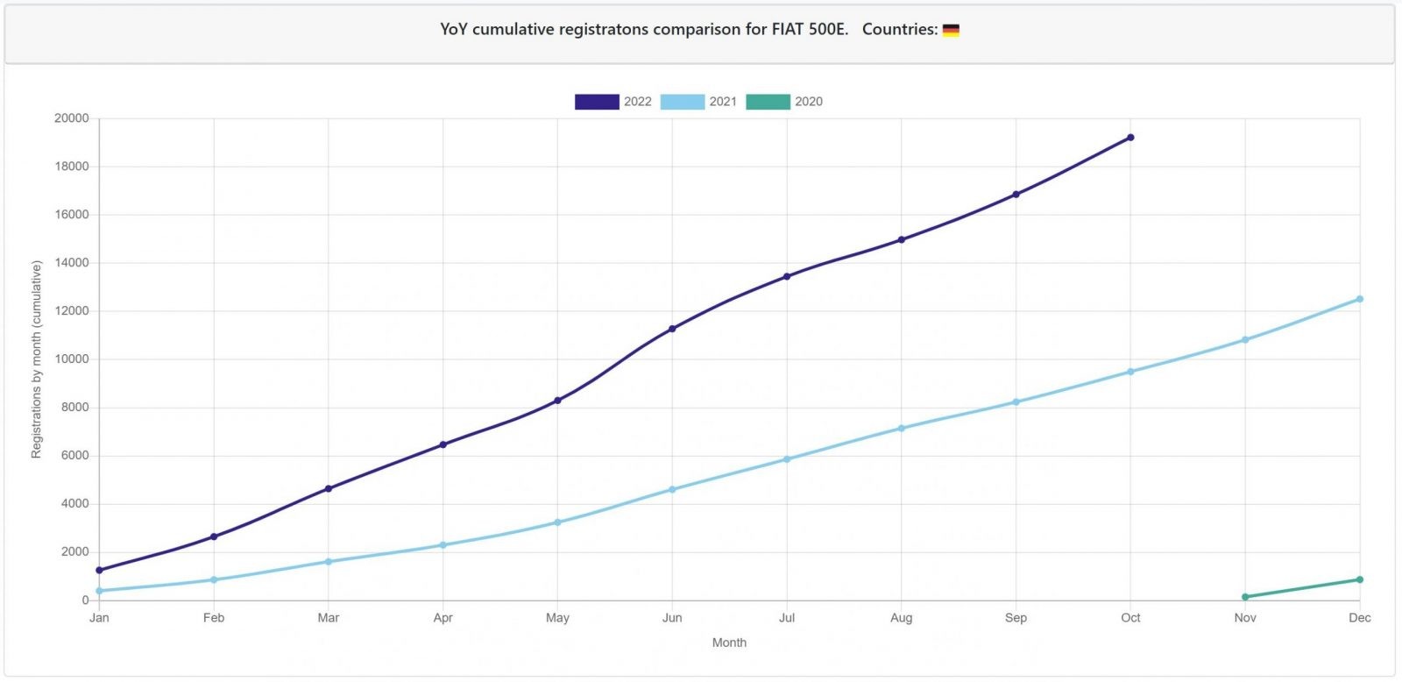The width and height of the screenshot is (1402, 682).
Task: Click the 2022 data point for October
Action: tap(1130, 137)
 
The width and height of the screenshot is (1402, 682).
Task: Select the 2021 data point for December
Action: tap(1359, 299)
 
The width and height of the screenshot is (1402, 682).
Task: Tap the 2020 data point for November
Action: tap(1245, 597)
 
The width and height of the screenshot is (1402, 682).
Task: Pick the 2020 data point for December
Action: tap(1359, 580)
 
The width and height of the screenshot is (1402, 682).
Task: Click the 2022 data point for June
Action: tap(672, 329)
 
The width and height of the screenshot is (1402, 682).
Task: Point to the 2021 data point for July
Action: tap(787, 459)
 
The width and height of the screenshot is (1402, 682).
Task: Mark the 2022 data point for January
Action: tap(99, 570)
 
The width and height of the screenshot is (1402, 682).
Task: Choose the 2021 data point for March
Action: tap(329, 562)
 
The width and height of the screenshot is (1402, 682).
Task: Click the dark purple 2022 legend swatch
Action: tap(597, 102)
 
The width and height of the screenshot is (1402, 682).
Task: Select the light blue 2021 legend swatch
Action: tap(683, 102)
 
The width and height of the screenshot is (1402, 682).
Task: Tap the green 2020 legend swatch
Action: tap(768, 102)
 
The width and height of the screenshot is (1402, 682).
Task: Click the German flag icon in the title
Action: tap(951, 30)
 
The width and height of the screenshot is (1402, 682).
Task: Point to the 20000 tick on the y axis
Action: tap(71, 118)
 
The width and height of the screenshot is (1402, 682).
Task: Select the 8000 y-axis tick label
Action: tap(74, 408)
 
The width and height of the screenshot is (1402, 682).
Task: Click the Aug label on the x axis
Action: tap(902, 618)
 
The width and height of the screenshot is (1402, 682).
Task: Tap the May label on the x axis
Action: tap(557, 618)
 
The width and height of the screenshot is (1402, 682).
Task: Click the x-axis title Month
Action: tap(729, 643)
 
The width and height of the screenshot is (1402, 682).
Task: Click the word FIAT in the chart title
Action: tap(788, 30)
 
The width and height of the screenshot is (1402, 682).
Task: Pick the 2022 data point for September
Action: tap(1016, 194)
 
